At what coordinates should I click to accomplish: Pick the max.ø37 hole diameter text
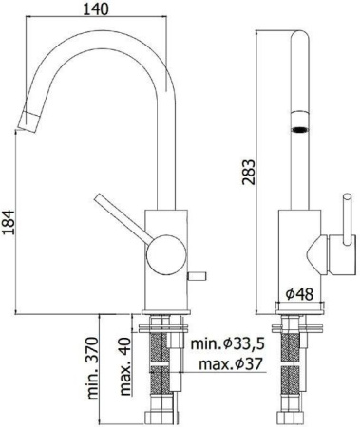click(228, 365)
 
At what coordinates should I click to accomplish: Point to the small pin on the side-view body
click(198, 275)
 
